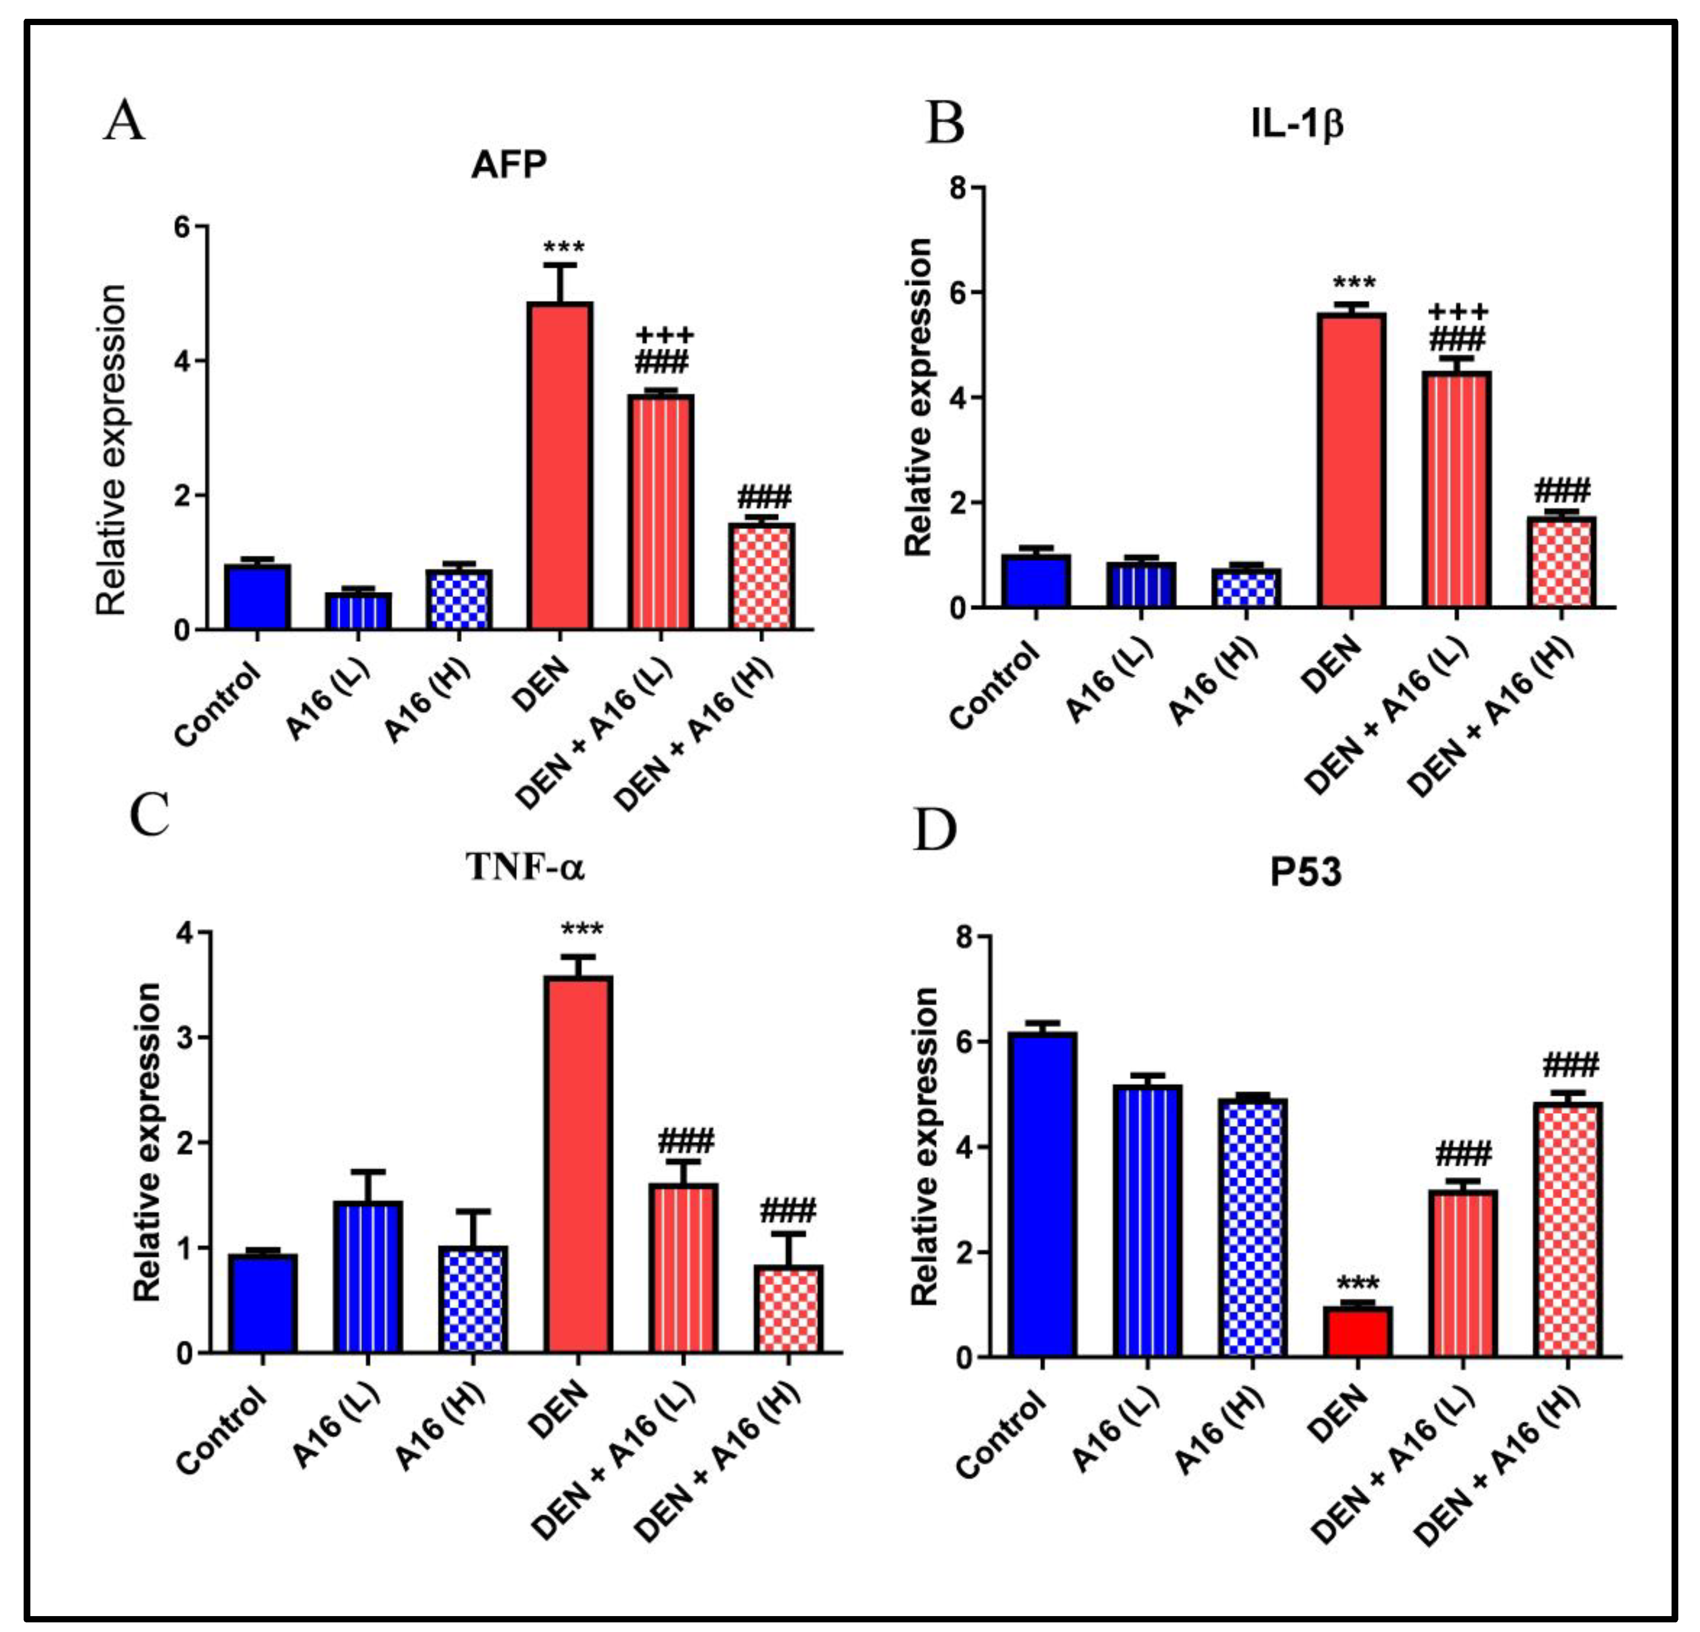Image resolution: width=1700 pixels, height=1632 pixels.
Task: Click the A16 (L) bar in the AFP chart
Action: [x=358, y=611]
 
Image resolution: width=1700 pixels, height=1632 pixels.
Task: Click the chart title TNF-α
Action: [x=526, y=866]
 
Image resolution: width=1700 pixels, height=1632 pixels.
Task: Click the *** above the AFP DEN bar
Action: [x=564, y=249]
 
